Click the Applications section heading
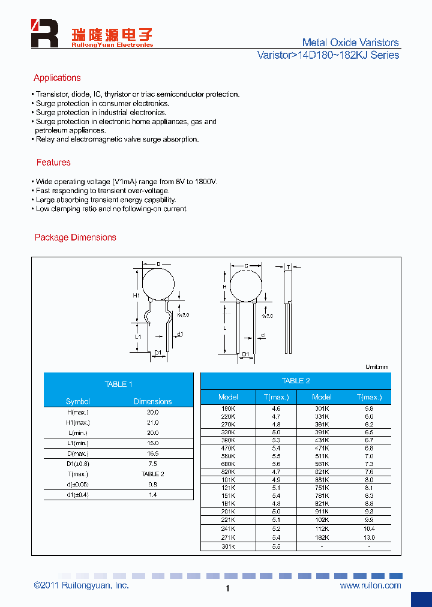tap(57, 78)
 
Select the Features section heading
tap(53, 163)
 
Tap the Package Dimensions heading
tap(76, 238)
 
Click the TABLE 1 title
tap(118, 384)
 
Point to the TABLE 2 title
tap(296, 381)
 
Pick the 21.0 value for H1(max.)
tap(152, 423)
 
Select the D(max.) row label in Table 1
tap(78, 453)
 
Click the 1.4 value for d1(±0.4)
tap(152, 495)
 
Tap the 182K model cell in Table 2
tap(322, 537)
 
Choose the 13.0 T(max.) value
tap(369, 537)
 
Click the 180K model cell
tap(228, 408)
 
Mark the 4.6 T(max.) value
tap(276, 408)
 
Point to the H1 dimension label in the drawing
tap(136, 296)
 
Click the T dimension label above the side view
tap(288, 267)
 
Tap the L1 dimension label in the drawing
tap(137, 337)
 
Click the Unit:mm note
tap(377, 366)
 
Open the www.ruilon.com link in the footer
tap(370, 585)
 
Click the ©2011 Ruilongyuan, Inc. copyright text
tap(81, 585)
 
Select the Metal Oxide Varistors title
tap(350, 43)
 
